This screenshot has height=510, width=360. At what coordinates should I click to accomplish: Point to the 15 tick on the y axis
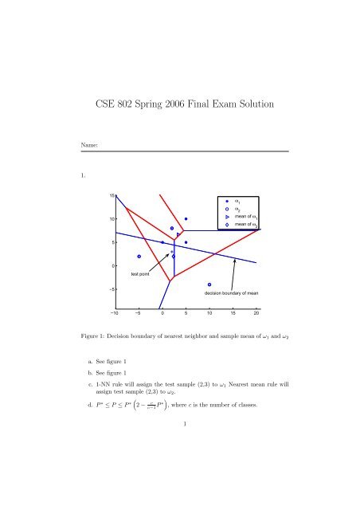coord(113,195)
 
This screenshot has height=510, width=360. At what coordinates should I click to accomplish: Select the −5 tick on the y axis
coord(112,289)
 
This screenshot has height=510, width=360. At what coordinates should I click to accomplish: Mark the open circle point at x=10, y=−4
coord(209,284)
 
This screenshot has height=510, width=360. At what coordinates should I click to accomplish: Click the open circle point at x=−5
coord(139,257)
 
